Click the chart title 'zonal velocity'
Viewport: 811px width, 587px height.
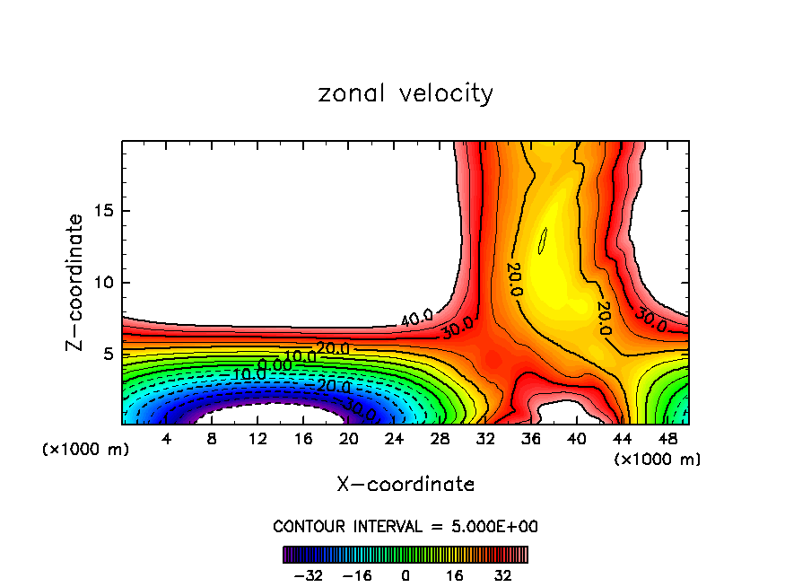(x=405, y=93)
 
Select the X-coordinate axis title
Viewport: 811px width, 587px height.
(x=405, y=485)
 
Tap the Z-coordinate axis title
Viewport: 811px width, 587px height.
(x=75, y=282)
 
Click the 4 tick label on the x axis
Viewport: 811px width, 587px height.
(x=167, y=440)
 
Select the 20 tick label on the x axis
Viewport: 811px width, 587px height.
(x=349, y=440)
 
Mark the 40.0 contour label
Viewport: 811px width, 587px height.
(x=415, y=317)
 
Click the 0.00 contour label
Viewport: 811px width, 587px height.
(x=275, y=364)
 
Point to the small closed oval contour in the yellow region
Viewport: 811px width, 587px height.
(x=542, y=241)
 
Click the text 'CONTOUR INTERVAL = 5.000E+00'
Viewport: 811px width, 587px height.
(x=405, y=526)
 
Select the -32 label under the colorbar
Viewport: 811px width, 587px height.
(x=310, y=575)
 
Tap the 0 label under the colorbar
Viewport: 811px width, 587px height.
(x=405, y=575)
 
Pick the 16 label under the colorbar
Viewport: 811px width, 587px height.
(x=454, y=575)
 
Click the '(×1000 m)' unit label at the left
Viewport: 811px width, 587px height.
(x=86, y=450)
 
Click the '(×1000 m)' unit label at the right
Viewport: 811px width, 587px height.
(x=658, y=460)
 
